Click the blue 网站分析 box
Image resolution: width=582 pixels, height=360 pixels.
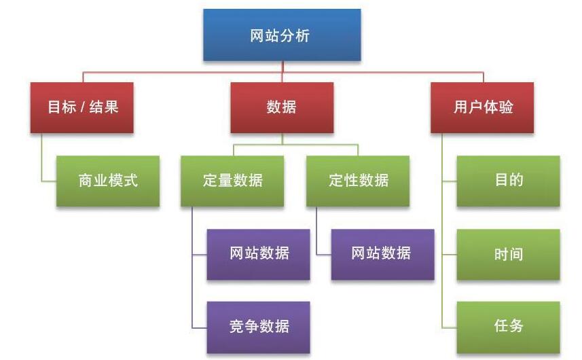point(282,35)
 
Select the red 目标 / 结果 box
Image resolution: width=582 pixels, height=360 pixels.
point(81,107)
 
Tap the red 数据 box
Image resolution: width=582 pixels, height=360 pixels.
point(282,107)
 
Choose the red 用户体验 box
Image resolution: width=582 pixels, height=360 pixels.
point(482,107)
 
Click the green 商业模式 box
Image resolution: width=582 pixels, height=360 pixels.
point(108,181)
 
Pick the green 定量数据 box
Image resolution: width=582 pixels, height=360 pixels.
point(232,181)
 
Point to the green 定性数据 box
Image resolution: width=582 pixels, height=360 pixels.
point(358,181)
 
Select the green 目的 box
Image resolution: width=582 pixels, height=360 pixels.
point(508,181)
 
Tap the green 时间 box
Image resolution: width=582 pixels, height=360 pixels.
point(508,255)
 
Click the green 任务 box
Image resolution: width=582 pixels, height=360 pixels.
point(508,326)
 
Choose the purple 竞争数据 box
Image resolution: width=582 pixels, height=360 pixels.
point(258,326)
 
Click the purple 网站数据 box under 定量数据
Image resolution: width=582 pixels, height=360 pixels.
point(258,254)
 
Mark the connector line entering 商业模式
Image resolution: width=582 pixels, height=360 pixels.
point(48,181)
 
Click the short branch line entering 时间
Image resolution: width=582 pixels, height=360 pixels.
point(449,255)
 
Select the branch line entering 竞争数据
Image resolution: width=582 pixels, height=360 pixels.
point(200,326)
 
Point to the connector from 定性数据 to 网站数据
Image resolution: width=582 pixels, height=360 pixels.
point(323,254)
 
